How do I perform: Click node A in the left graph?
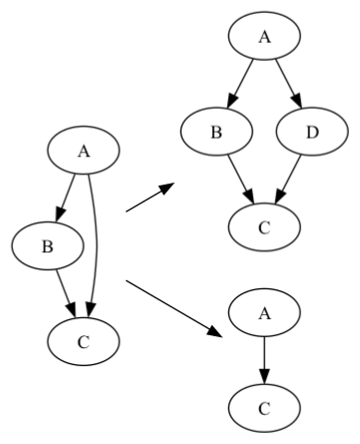tap(85, 153)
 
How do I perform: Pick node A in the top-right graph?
tap(264, 37)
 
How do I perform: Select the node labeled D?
tap(311, 131)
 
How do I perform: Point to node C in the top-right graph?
tap(264, 225)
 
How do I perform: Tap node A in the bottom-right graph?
tap(264, 312)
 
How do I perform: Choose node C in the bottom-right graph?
tap(264, 406)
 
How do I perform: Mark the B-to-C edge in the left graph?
tap(65, 290)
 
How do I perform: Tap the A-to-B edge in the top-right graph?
tap(240, 83)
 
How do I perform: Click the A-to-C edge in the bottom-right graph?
tap(264, 359)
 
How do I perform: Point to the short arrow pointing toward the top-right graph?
tap(149, 199)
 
